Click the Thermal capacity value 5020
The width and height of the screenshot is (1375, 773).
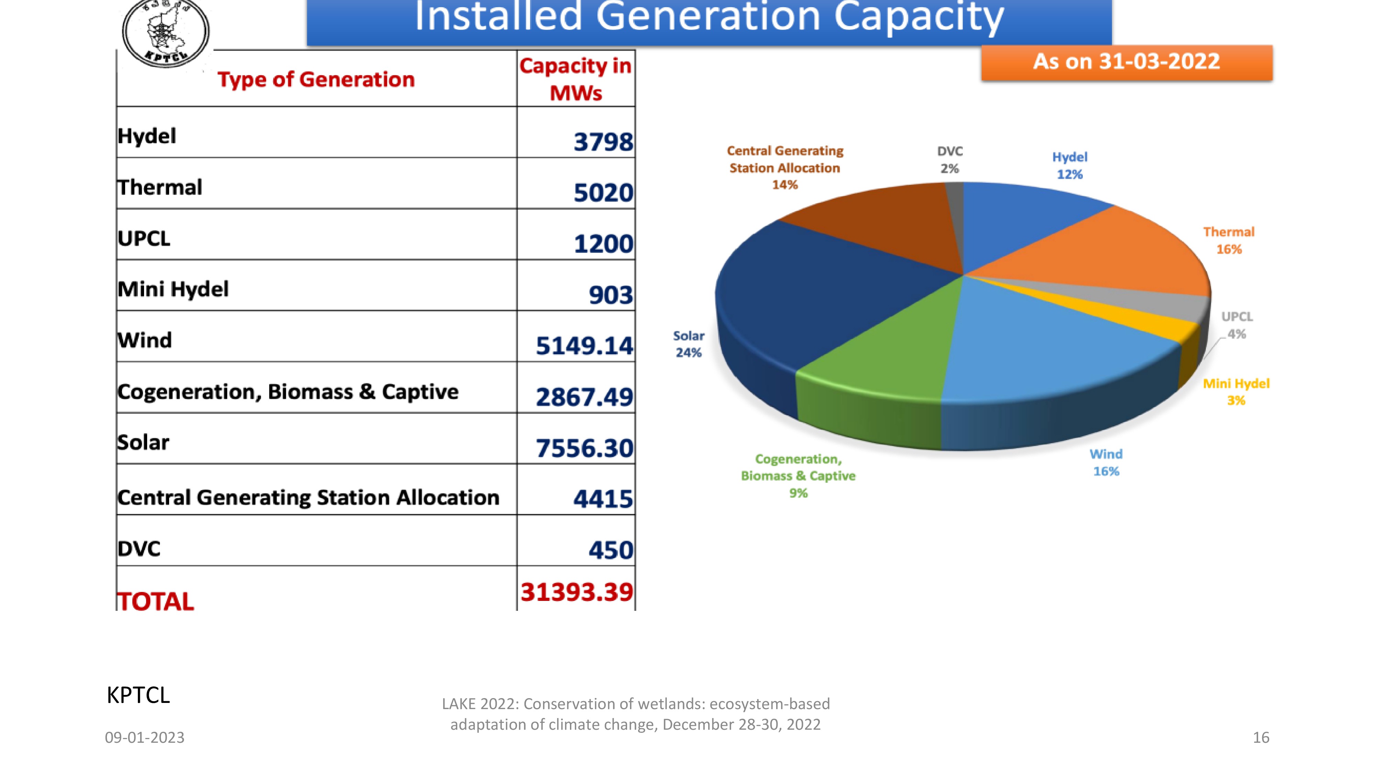click(603, 193)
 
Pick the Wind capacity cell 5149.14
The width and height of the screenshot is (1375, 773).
click(584, 346)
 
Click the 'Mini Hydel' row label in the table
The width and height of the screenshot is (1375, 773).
click(173, 289)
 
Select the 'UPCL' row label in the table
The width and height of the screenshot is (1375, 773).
click(144, 238)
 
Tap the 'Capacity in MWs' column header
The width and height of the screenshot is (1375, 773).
click(575, 79)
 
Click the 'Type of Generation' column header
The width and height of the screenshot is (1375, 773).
click(316, 79)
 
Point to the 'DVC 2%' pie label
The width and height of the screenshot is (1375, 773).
click(949, 159)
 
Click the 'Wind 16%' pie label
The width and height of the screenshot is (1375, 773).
click(1105, 462)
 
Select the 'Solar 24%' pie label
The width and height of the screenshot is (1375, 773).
click(689, 344)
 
